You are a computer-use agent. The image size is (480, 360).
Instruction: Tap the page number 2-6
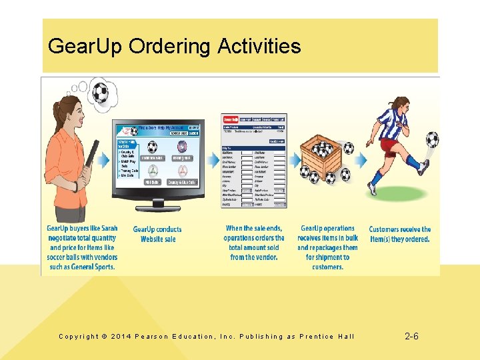(x=412, y=337)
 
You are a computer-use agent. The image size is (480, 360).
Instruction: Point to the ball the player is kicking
(x=432, y=139)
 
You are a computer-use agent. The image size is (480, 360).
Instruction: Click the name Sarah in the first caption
(x=107, y=229)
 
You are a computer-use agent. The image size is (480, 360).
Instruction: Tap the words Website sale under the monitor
(x=157, y=239)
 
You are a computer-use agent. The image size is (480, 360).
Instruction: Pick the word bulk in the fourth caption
(x=351, y=238)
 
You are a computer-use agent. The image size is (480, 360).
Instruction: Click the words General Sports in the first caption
(x=83, y=267)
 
